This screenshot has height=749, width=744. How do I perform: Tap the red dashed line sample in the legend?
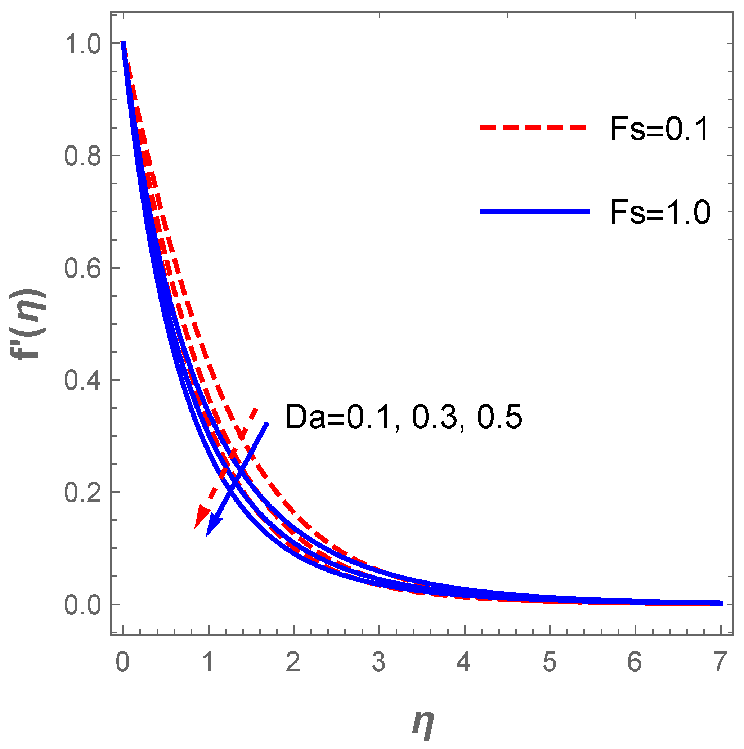533,127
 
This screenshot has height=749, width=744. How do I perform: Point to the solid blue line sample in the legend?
535,211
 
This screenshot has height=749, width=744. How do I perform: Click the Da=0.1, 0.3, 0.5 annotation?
403,417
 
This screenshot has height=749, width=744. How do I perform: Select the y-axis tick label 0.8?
82,156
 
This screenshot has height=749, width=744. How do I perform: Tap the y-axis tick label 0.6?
82,268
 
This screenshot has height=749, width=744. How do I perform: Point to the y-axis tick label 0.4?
82,380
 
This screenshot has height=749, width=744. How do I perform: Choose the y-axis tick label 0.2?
82,492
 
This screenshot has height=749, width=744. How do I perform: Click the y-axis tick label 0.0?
82,605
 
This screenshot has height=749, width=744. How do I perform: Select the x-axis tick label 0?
123,661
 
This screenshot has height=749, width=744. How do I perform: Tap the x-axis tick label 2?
293,661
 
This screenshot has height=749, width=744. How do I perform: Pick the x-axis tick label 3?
379,661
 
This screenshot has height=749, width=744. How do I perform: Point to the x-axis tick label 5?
550,661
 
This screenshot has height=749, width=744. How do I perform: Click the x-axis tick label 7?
720,661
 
